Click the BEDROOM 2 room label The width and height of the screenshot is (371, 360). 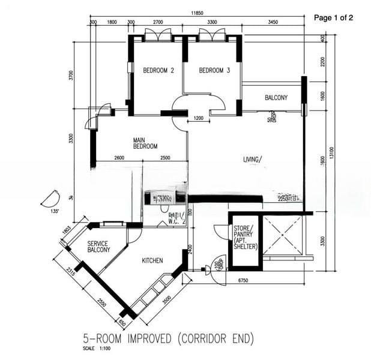[x=158, y=71]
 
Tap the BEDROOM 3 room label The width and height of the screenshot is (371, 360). [x=214, y=71]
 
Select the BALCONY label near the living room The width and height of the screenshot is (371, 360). [x=276, y=98]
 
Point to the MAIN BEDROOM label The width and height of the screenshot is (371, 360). [x=145, y=143]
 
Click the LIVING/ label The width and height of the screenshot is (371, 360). [x=253, y=160]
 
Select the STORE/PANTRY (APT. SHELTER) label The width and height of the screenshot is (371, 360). [x=245, y=237]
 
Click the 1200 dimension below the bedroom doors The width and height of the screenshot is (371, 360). [x=199, y=118]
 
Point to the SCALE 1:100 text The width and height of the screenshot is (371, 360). [x=95, y=349]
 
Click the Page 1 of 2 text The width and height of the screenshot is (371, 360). [x=334, y=18]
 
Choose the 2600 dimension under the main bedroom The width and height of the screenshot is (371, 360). [x=118, y=158]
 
